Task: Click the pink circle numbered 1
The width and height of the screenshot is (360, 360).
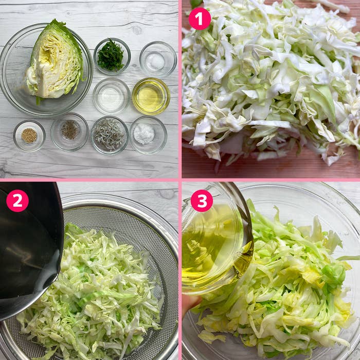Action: pos(200,19)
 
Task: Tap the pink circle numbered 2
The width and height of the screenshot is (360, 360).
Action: pos(17,201)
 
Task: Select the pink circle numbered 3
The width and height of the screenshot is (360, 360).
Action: pos(202,201)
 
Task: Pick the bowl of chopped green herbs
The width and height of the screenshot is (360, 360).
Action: pos(112,56)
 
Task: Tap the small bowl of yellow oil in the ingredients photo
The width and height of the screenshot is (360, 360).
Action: pos(151,96)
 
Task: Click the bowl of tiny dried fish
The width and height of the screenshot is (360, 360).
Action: pos(110,135)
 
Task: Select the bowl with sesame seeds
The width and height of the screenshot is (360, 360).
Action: pos(29,136)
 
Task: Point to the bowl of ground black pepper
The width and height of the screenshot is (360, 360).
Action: pos(69,132)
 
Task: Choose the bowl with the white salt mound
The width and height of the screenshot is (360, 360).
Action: pos(148,135)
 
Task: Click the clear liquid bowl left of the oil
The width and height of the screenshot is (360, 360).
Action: pos(112,96)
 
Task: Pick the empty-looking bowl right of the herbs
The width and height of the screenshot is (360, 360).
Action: pos(158,59)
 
